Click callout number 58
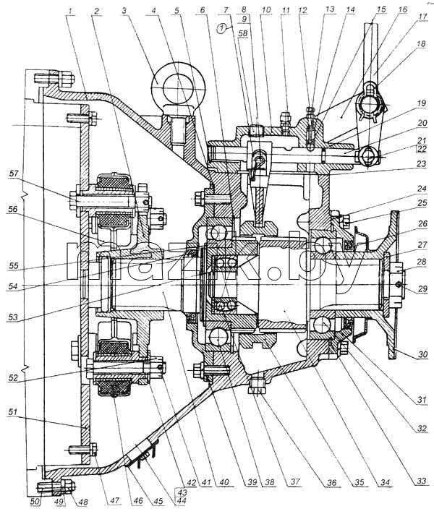(x=244, y=33)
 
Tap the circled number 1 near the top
(x=222, y=29)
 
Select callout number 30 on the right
(x=423, y=354)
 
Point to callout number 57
(x=14, y=174)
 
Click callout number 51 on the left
(x=12, y=412)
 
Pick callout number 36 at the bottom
(x=332, y=482)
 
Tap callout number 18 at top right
(x=422, y=43)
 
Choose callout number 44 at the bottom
(x=181, y=500)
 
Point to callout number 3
(x=124, y=11)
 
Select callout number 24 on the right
(x=422, y=189)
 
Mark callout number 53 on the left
(x=12, y=317)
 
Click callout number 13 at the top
(x=330, y=9)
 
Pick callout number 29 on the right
(x=422, y=288)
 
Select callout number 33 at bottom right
(x=422, y=481)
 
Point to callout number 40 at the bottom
(x=224, y=482)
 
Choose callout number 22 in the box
(x=422, y=149)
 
